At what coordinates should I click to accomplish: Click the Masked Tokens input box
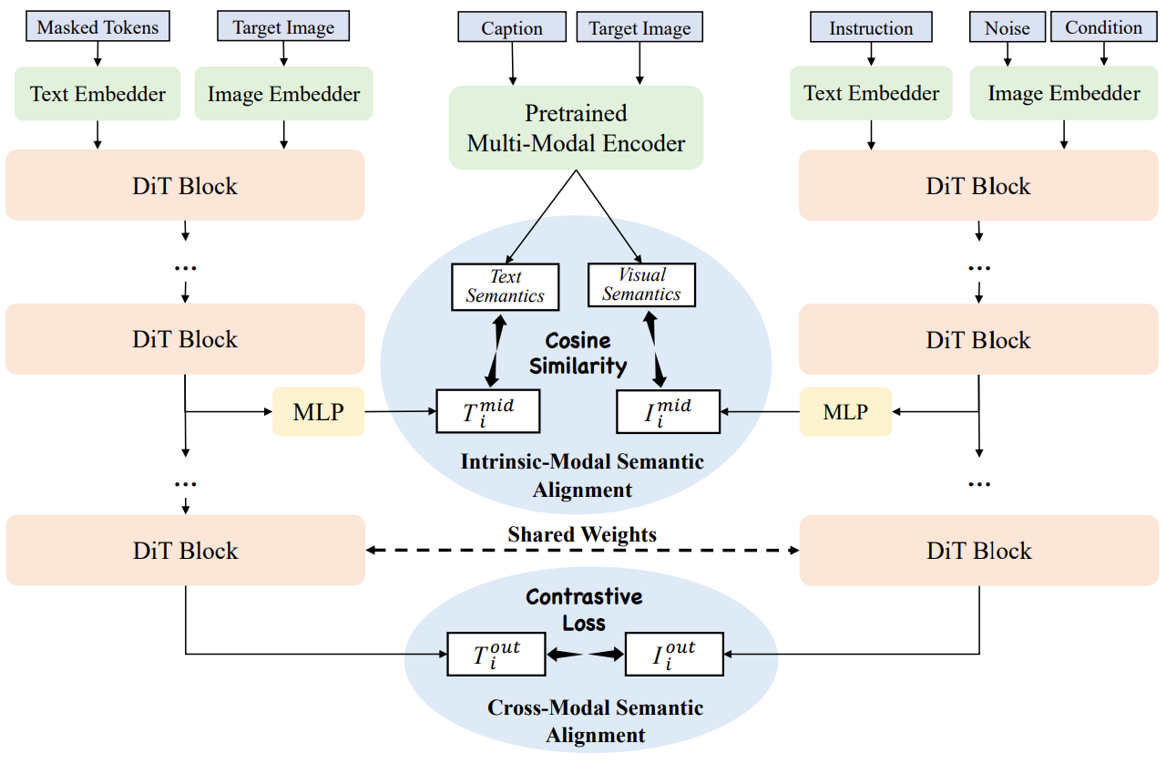pyautogui.click(x=97, y=27)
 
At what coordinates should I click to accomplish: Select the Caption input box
pyautogui.click(x=512, y=28)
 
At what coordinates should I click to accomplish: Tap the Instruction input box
pyautogui.click(x=871, y=28)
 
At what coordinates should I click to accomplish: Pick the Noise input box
pyautogui.click(x=1007, y=28)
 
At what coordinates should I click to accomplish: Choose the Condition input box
pyautogui.click(x=1103, y=27)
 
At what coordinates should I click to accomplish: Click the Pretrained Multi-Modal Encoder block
pyautogui.click(x=576, y=128)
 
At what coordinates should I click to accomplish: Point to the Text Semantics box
pyautogui.click(x=505, y=286)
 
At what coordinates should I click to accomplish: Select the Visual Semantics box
pyautogui.click(x=641, y=284)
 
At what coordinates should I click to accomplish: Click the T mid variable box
pyautogui.click(x=488, y=410)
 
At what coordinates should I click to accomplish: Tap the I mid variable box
pyautogui.click(x=668, y=410)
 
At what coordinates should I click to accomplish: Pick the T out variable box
pyautogui.click(x=496, y=654)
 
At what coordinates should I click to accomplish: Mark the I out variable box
pyautogui.click(x=674, y=654)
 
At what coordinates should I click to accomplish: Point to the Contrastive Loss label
pyautogui.click(x=584, y=610)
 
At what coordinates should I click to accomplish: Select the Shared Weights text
pyautogui.click(x=582, y=534)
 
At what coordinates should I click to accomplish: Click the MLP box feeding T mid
pyautogui.click(x=319, y=411)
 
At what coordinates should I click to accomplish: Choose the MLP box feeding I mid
pyautogui.click(x=845, y=411)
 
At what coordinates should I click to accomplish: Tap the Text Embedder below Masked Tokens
pyautogui.click(x=98, y=93)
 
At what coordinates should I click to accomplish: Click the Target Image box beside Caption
pyautogui.click(x=639, y=28)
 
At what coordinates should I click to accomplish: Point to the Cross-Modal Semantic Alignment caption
pyautogui.click(x=596, y=721)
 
